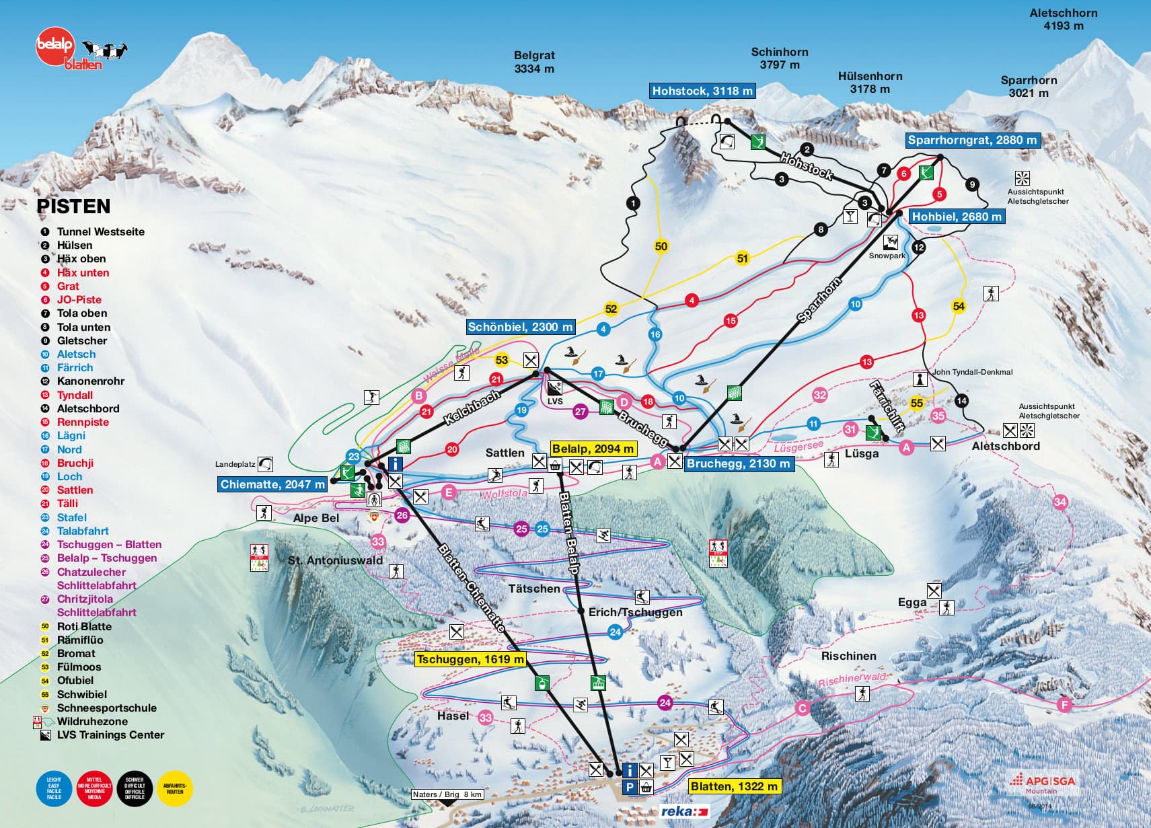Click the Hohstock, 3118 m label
[702, 91]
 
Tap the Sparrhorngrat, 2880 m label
[972, 140]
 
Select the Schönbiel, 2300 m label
[520, 327]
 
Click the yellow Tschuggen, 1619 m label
[470, 659]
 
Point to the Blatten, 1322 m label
[734, 786]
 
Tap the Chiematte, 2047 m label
[272, 484]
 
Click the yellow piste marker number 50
[661, 246]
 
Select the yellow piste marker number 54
[959, 306]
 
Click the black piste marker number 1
[632, 202]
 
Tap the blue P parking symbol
[629, 788]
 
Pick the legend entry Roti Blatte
[84, 626]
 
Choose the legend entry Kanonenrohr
[90, 381]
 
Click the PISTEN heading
[73, 206]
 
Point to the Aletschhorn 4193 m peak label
[1063, 20]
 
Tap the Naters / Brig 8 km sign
[447, 794]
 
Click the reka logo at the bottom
[684, 811]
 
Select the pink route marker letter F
[1064, 705]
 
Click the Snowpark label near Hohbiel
[887, 256]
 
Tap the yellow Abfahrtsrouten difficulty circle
[175, 788]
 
